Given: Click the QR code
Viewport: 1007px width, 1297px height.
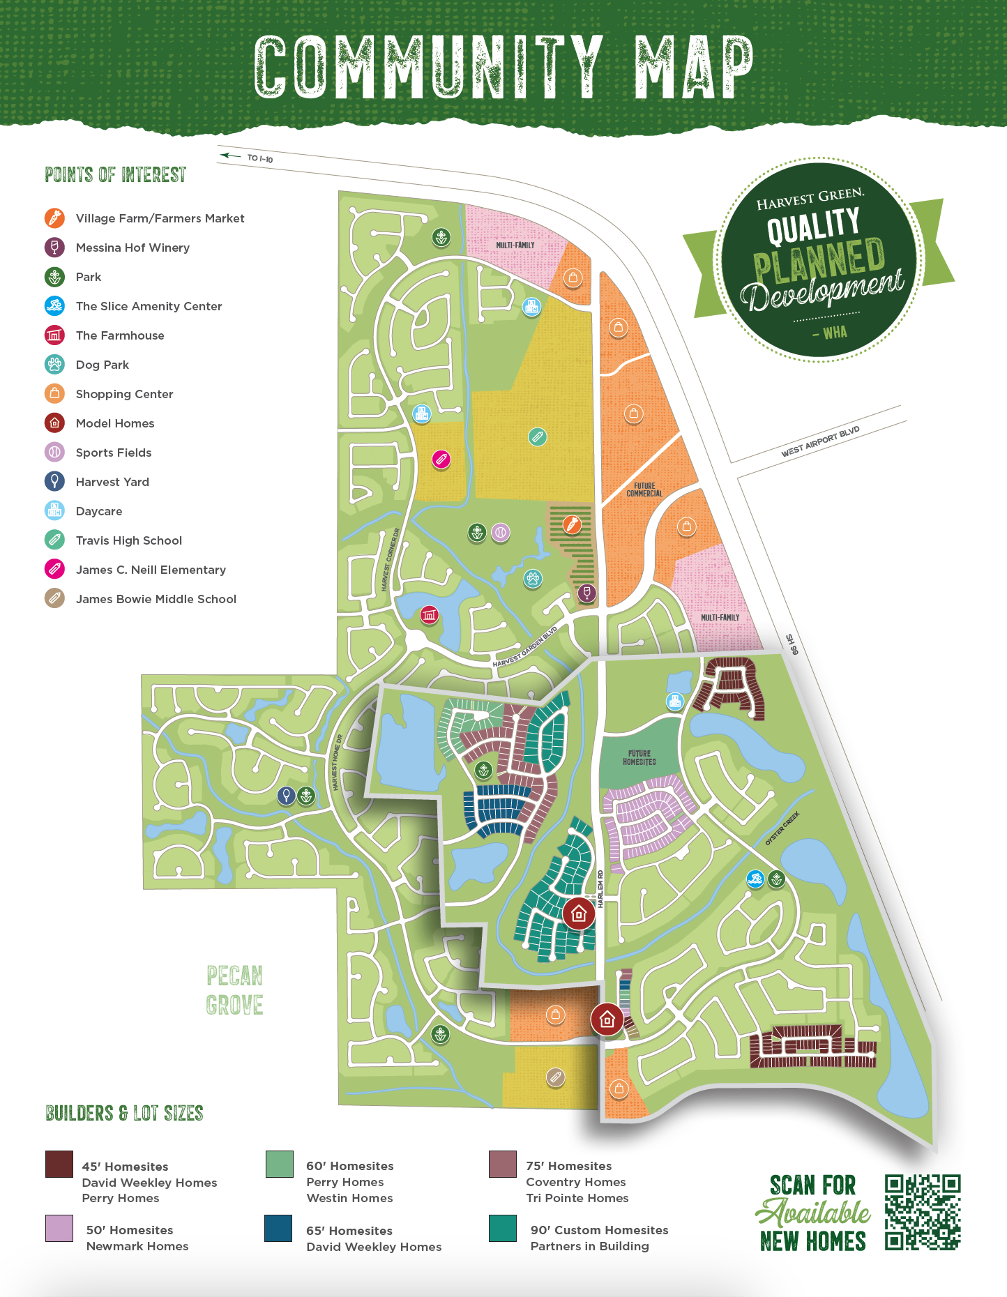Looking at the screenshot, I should [x=923, y=1212].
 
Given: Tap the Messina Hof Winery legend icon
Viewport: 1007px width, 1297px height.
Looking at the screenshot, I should [x=54, y=248].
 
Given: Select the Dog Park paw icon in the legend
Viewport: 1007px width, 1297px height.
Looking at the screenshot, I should [x=54, y=365].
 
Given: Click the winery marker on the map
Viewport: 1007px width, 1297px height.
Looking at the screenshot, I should [x=587, y=593].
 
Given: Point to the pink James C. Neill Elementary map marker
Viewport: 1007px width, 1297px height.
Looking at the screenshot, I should [x=441, y=460].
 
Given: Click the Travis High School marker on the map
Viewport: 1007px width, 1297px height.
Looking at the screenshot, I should [x=537, y=437].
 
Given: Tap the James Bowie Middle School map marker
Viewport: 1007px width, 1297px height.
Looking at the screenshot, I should [x=555, y=1077].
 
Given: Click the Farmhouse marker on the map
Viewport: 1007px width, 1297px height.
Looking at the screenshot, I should [x=429, y=615].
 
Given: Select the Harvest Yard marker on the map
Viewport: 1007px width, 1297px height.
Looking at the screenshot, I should [x=286, y=795].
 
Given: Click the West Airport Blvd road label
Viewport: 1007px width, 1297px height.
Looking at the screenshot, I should [x=820, y=442].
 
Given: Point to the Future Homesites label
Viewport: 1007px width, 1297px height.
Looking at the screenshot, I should [x=639, y=758].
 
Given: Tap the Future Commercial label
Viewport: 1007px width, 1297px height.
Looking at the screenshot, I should [x=644, y=490].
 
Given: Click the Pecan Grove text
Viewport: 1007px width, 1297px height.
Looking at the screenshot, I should [x=234, y=990].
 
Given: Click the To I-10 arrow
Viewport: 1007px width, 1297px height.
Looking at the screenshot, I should [x=230, y=156].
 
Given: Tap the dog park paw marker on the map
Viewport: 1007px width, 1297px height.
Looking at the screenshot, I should [x=533, y=578].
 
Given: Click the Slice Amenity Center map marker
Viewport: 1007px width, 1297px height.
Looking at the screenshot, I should [x=755, y=879].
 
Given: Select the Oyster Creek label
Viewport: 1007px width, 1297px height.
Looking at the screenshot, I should [x=782, y=828].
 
